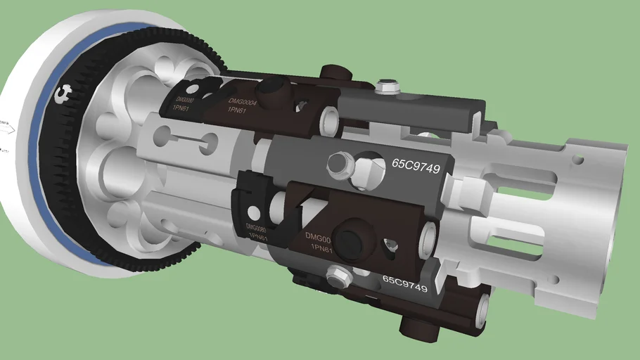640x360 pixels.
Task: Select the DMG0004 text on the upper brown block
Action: click(243, 103)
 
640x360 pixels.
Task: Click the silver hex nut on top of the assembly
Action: click(386, 87)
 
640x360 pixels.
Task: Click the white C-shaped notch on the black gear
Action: click(65, 92)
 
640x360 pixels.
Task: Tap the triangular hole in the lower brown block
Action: click(390, 245)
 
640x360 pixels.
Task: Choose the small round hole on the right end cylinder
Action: click(578, 160)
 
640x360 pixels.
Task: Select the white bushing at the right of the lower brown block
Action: click(427, 240)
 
